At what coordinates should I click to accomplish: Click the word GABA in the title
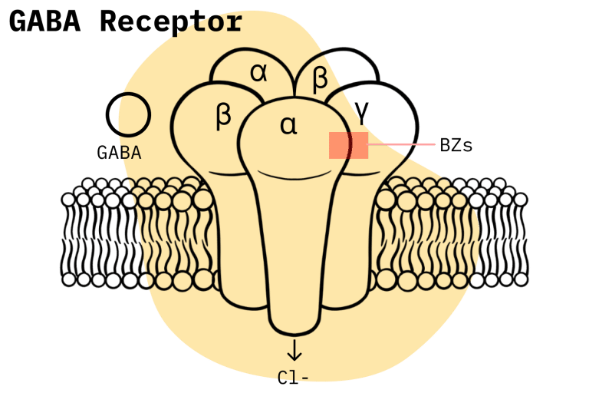44,21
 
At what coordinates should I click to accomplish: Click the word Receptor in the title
171,23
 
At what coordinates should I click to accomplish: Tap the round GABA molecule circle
128,114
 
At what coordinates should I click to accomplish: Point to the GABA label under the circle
119,153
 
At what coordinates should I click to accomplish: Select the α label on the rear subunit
258,72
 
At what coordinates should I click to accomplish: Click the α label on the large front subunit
288,125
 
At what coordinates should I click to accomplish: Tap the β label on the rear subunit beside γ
320,78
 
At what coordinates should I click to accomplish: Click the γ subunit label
362,113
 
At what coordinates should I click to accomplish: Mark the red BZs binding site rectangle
349,145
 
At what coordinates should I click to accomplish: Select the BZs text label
456,145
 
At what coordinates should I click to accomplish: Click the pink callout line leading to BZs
401,144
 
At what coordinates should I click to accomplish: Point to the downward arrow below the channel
294,350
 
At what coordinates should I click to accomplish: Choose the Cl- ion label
293,378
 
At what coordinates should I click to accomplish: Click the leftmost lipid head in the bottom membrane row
68,280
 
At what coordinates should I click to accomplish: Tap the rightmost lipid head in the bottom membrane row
521,279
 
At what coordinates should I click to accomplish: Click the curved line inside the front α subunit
294,175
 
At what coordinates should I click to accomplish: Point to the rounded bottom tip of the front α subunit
294,334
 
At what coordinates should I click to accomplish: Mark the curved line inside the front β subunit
227,173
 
